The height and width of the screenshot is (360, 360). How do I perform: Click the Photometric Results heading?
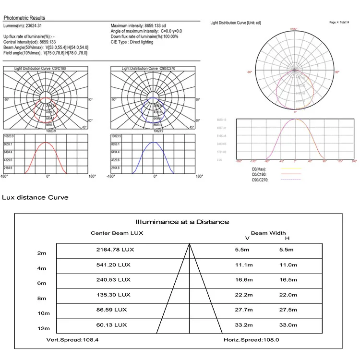pos(24,18)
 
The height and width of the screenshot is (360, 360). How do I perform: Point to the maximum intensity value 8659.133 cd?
pos(159,25)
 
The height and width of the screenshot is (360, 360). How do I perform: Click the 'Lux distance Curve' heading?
pos(36,197)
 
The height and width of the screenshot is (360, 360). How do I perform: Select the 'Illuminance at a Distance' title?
pos(182,222)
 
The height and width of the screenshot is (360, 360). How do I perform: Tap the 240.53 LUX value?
pos(113,279)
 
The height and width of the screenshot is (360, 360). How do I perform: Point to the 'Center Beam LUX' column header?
pos(117,233)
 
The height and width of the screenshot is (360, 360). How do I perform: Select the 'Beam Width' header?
pos(268,233)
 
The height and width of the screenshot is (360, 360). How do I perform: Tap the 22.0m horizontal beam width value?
pos(288,295)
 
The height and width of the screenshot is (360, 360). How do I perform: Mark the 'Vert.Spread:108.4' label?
pos(76,339)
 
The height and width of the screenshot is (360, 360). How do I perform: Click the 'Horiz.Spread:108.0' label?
pos(251,339)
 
